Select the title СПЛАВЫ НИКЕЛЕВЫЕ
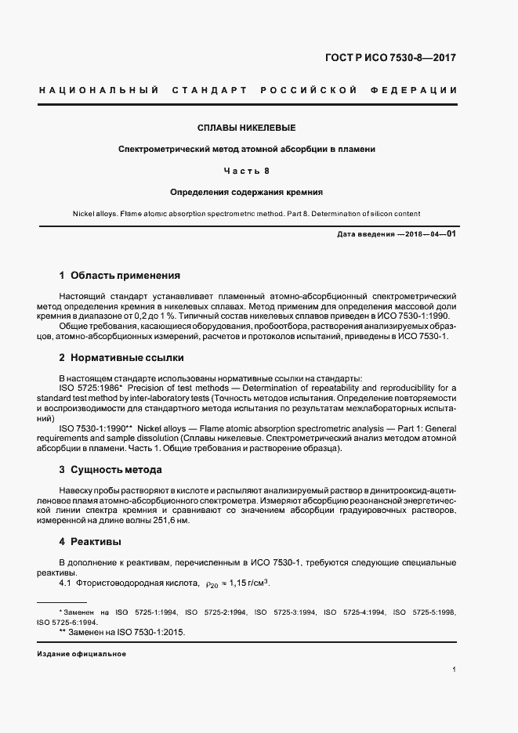pyautogui.click(x=246, y=127)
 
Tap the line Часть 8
pyautogui.click(x=247, y=170)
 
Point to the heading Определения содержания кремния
pyautogui.click(x=247, y=191)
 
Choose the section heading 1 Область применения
pyautogui.click(x=120, y=276)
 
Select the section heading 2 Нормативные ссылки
pyautogui.click(x=121, y=357)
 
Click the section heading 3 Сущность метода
pyautogui.click(x=110, y=470)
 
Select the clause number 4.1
pyautogui.click(x=66, y=583)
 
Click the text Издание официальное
pyautogui.click(x=82, y=654)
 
